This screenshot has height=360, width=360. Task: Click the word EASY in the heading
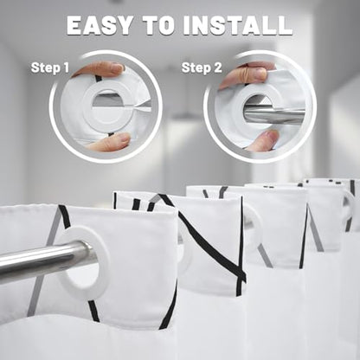100,25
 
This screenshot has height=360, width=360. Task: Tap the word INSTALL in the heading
238,25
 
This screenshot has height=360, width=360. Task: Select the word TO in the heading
158,25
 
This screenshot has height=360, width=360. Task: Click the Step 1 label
50,67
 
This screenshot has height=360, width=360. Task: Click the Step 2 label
202,68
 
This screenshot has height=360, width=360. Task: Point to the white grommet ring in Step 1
87,107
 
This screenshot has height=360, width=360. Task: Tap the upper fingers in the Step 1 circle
101,69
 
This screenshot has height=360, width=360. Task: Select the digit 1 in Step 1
66,67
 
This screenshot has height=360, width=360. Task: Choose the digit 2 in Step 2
217,67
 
